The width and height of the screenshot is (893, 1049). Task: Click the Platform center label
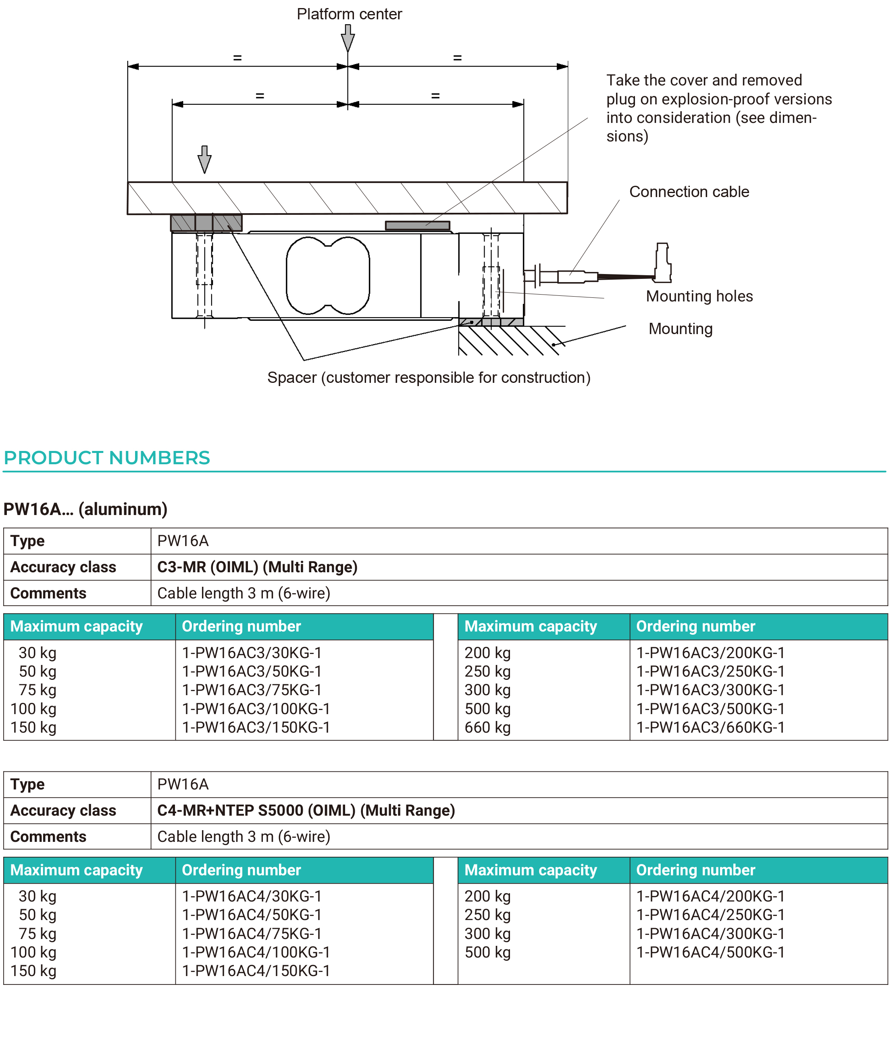(349, 14)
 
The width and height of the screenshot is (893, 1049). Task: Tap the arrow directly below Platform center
(348, 38)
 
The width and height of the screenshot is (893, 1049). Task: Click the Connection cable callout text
(689, 192)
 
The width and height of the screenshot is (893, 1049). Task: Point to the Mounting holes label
(699, 296)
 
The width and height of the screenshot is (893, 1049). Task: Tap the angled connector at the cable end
(663, 263)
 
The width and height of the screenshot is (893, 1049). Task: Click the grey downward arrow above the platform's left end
(204, 160)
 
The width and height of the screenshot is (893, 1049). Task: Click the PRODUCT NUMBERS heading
(107, 458)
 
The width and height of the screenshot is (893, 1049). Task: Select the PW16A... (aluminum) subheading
(85, 509)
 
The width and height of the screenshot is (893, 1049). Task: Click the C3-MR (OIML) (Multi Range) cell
(257, 567)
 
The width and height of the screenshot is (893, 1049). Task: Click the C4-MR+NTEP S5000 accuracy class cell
(306, 811)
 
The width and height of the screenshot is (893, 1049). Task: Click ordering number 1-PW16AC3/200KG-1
(710, 653)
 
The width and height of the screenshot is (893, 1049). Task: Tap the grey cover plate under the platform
(417, 226)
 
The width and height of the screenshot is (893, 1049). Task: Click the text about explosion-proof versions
(719, 108)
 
